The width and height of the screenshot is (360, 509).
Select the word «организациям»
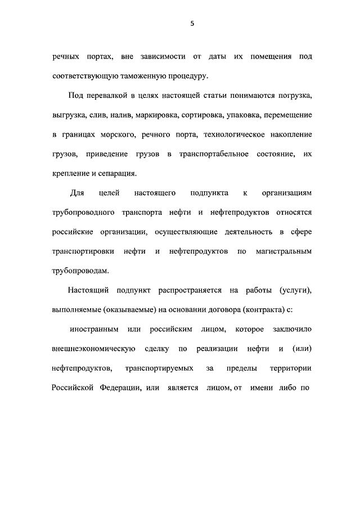click(287, 193)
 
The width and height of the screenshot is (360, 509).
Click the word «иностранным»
click(97, 329)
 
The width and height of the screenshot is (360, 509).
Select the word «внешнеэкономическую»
click(93, 349)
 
